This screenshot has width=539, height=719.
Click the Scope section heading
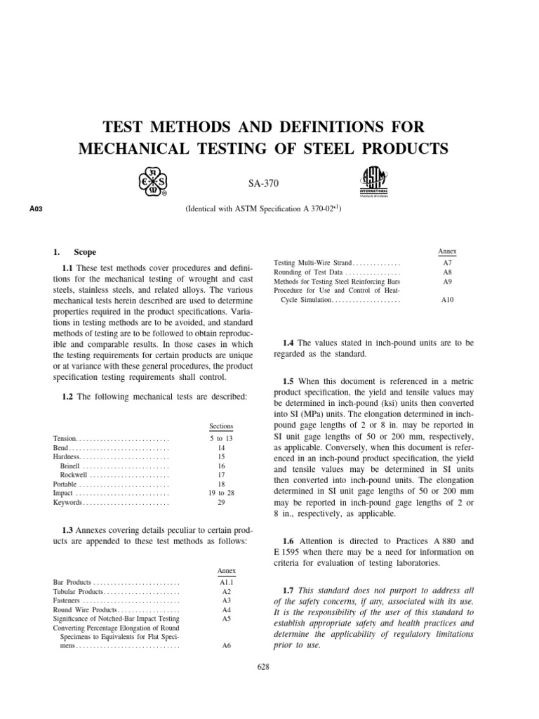pyautogui.click(x=85, y=252)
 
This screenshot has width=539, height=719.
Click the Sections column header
pyautogui.click(x=221, y=426)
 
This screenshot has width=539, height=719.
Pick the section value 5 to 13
pyautogui.click(x=221, y=438)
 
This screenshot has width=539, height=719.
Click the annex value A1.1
pyautogui.click(x=227, y=582)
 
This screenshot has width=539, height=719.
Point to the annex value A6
pyautogui.click(x=227, y=646)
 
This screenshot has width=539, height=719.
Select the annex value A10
pyautogui.click(x=447, y=299)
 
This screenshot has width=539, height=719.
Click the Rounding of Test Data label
pyautogui.click(x=303, y=272)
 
